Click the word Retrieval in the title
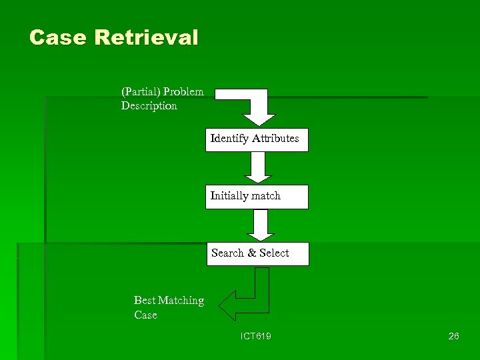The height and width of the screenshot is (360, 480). click(146, 37)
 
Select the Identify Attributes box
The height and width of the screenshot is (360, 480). click(257, 139)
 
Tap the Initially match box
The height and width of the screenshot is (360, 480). click(257, 197)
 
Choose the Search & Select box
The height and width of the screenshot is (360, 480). click(257, 253)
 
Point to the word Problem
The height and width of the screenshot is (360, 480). click(183, 91)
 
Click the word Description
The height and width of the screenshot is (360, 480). click(149, 106)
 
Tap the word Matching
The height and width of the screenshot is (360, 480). click(181, 301)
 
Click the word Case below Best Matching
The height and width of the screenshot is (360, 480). click(145, 315)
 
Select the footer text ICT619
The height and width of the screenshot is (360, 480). click(256, 337)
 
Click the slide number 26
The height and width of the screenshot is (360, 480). click(453, 337)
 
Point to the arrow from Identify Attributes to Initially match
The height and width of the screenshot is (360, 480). click(258, 167)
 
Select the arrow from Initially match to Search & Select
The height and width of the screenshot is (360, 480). click(260, 225)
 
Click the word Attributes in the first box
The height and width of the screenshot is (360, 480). click(275, 139)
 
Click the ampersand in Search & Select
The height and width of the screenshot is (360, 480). click(251, 253)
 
